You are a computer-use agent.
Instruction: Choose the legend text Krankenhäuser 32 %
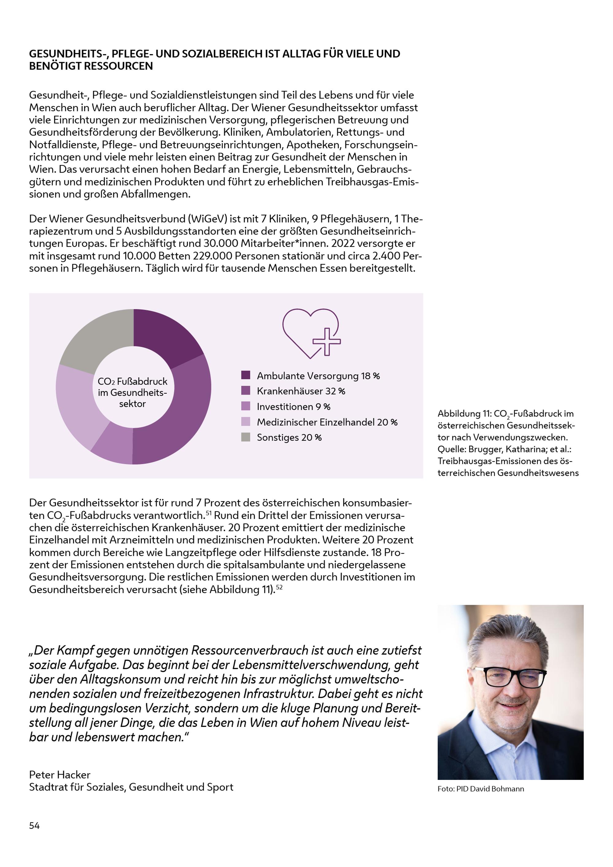(301, 391)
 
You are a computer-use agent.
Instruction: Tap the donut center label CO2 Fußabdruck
(132, 381)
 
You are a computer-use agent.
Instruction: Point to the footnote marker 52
(279, 587)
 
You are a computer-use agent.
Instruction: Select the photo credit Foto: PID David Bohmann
(481, 789)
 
